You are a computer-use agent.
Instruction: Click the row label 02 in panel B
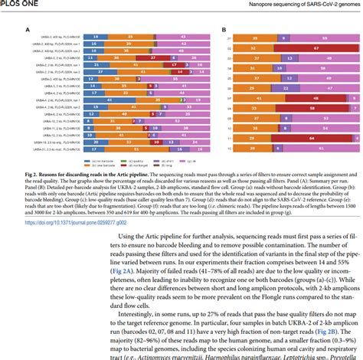(x=229, y=48)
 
